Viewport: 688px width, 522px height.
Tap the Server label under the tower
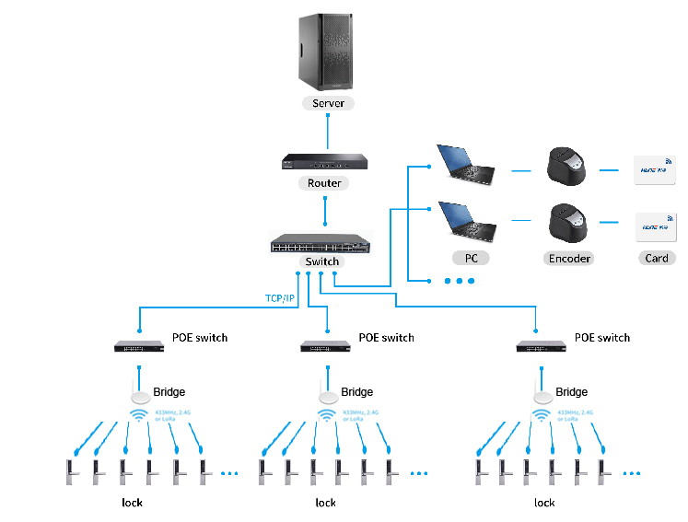(x=328, y=103)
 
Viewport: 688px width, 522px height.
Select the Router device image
(x=324, y=163)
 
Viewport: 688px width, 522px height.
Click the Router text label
(x=324, y=183)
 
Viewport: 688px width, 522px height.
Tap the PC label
(x=471, y=258)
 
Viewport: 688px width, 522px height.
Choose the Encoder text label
(x=569, y=258)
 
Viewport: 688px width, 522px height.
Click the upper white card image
(x=657, y=170)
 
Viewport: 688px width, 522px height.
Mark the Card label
(x=657, y=258)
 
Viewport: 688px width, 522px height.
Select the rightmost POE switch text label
(x=602, y=338)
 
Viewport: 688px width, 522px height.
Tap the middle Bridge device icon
(x=326, y=396)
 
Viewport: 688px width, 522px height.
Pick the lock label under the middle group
(x=325, y=503)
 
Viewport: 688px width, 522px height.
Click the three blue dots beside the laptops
(x=458, y=280)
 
